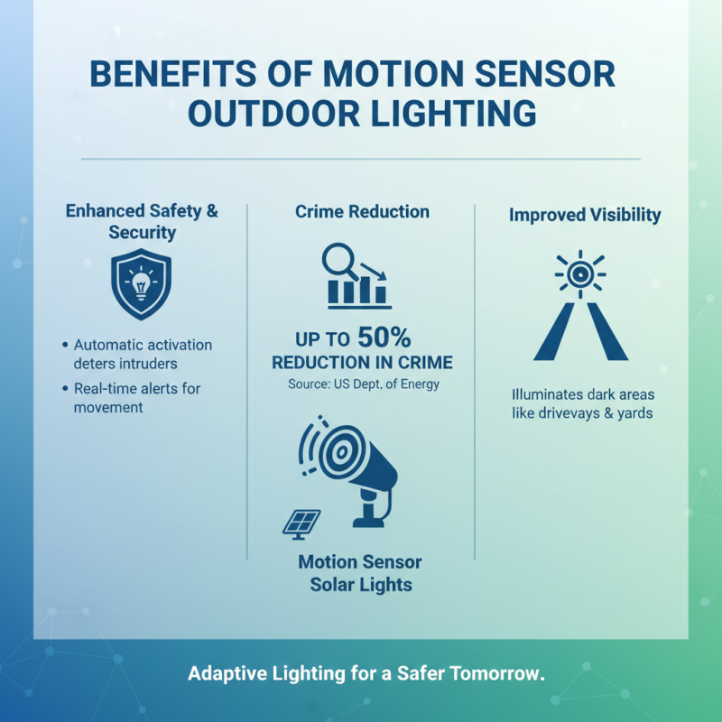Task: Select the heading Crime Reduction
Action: [x=362, y=211]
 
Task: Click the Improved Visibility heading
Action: [x=585, y=215]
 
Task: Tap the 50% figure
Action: [x=384, y=338]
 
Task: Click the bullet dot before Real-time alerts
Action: [x=66, y=389]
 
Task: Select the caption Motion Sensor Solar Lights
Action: [x=361, y=573]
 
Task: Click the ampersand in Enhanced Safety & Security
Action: [x=212, y=211]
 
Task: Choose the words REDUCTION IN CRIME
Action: [x=362, y=364]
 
